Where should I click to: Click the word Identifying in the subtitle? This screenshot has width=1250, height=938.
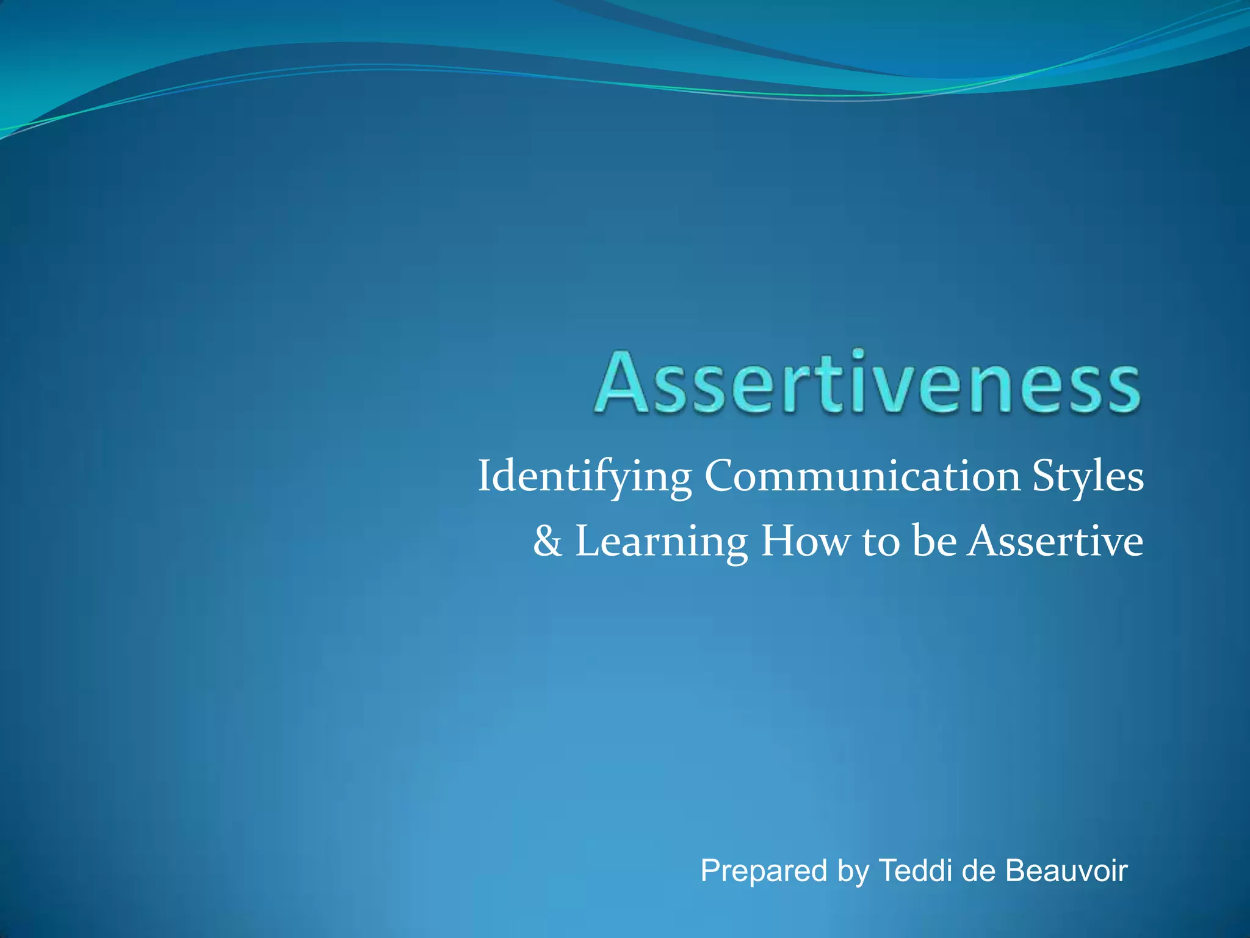pos(584,477)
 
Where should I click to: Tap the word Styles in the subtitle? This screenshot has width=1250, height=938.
pos(1088,477)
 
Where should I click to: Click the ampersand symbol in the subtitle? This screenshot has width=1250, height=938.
pos(547,541)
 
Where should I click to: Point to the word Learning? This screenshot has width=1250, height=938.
pos(661,542)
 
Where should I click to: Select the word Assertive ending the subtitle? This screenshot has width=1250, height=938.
pos(1055,541)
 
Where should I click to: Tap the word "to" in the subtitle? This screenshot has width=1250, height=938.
pos(881,542)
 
